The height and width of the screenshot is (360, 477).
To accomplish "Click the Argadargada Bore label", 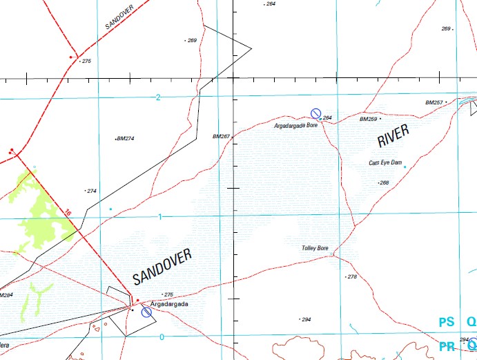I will [x=295, y=126].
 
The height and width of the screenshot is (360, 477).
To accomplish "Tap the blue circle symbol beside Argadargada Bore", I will [x=315, y=113].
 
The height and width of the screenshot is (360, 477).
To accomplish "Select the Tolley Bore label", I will [x=315, y=247].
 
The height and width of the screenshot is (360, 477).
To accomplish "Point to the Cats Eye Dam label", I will [x=384, y=163].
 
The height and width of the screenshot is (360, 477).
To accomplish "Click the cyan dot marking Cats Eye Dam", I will [x=405, y=167].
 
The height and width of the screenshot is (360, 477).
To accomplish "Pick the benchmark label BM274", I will [x=125, y=139].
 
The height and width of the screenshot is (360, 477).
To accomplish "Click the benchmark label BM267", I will [x=221, y=136].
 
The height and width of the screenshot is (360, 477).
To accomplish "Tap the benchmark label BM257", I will [x=434, y=102].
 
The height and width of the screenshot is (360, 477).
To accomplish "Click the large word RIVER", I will [x=393, y=135].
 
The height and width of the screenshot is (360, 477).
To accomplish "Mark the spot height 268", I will [x=384, y=182].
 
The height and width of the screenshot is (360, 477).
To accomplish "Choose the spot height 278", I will [x=352, y=276].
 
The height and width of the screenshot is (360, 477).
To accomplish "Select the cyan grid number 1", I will [x=160, y=217].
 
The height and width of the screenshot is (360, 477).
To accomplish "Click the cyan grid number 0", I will [x=162, y=337].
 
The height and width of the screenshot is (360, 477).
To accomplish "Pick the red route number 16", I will [x=68, y=213].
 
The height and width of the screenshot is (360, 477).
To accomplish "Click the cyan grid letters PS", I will [x=446, y=322].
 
